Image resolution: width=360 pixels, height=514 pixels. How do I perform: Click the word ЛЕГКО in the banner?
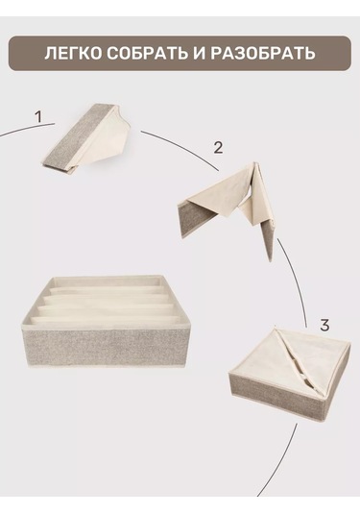click(74, 54)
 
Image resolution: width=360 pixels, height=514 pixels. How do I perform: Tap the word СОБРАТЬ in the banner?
click(148, 54)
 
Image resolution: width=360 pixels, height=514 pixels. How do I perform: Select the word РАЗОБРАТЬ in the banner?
click(263, 54)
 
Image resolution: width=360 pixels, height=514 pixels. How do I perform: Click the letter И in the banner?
click(199, 54)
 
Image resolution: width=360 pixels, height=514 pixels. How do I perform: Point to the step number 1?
click(38, 117)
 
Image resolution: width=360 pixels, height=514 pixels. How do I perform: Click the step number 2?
click(218, 148)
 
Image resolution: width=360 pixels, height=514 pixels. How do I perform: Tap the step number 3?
click(324, 326)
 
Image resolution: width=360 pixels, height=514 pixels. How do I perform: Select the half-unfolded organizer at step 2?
click(226, 209)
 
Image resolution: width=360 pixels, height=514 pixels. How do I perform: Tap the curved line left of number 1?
click(27, 128)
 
